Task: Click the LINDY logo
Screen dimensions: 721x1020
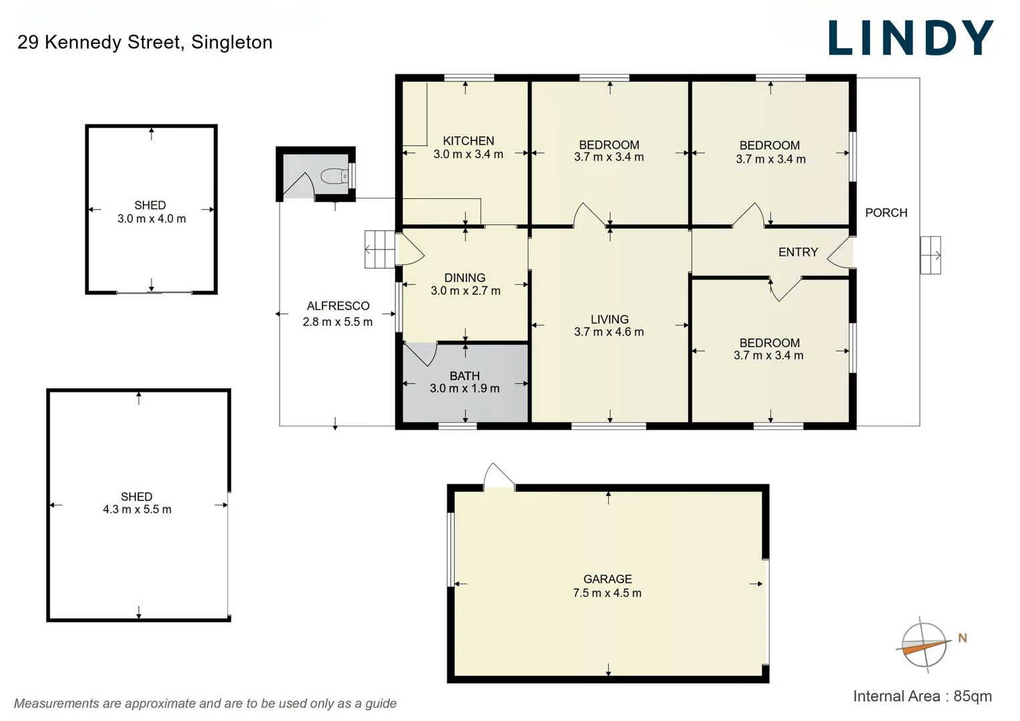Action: pos(911,38)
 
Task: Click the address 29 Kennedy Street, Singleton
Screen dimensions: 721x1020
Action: pos(145,42)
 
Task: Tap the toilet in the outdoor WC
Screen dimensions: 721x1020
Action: pos(334,176)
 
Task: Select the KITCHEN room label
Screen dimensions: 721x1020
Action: pos(469,141)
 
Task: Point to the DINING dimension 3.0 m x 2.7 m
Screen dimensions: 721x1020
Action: pos(465,291)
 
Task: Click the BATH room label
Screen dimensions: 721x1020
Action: pos(465,376)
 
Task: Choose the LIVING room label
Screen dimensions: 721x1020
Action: pos(609,319)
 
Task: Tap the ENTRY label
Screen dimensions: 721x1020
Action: pos(798,252)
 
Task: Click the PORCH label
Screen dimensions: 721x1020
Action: pos(886,213)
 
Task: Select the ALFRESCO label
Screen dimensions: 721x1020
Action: pos(338,306)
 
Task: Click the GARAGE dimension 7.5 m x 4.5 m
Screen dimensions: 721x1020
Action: pos(607,593)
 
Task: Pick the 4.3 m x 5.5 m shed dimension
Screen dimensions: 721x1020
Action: pos(137,509)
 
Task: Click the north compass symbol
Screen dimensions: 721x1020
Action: pos(925,644)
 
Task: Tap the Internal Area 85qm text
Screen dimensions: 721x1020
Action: pos(922,696)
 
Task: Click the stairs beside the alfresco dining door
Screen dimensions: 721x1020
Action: pos(380,250)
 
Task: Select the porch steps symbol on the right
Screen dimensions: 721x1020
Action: pos(930,255)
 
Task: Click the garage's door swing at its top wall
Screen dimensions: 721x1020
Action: pos(498,477)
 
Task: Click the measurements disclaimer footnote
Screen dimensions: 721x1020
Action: pos(205,704)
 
